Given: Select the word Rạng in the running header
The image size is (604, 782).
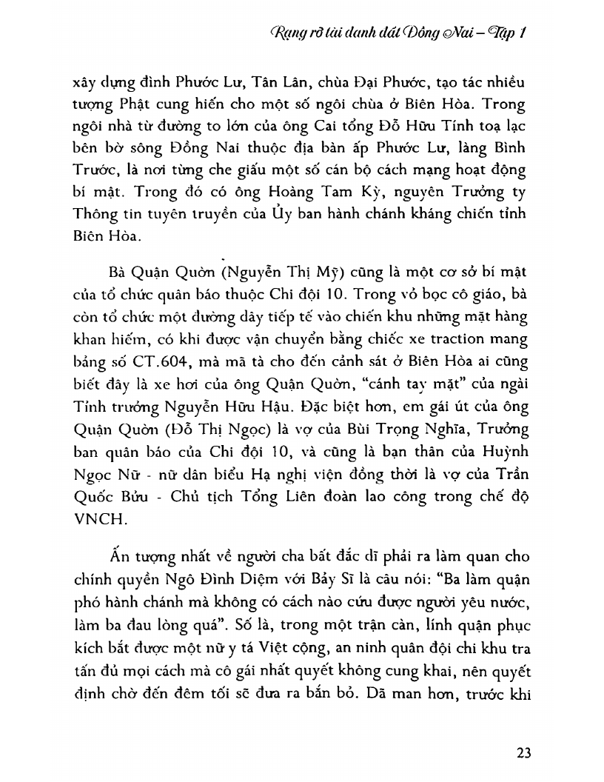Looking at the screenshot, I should [290, 34].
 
